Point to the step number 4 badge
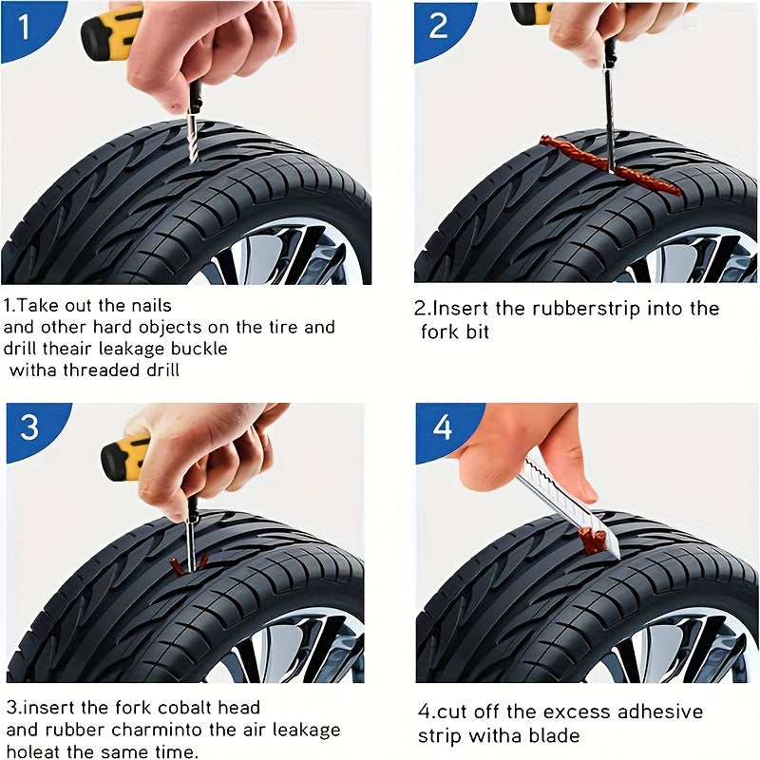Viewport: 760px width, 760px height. pos(443,427)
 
